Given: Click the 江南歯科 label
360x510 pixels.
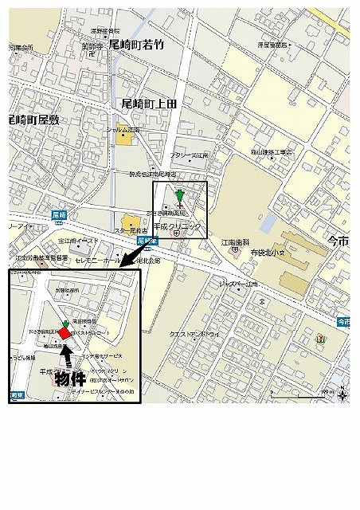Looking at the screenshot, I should coord(235,242).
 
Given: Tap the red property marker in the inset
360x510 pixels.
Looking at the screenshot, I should coord(65,333).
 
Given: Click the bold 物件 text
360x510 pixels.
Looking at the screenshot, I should coord(70,378).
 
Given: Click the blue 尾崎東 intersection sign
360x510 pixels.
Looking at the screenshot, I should coord(144,239).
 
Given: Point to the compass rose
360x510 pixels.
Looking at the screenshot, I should coord(342,393).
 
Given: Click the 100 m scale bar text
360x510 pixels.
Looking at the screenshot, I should coord(327,393).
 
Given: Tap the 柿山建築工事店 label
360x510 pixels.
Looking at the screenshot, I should coord(272,151).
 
